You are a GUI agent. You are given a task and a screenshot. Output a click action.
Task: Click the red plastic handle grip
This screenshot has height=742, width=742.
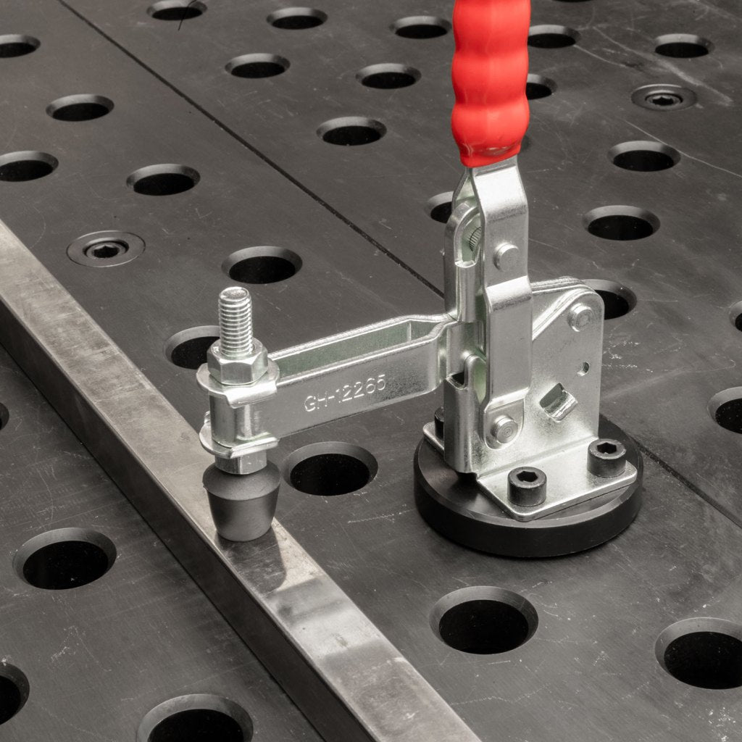coord(490,80)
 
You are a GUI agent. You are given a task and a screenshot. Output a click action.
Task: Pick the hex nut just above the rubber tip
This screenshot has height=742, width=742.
coord(241,462)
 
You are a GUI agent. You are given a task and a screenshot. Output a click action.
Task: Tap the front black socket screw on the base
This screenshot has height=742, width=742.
coord(527,486)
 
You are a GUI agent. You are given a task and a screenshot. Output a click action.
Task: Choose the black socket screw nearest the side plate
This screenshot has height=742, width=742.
coord(606,457)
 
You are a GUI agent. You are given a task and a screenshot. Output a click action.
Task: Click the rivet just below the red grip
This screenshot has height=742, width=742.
coord(507,256)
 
